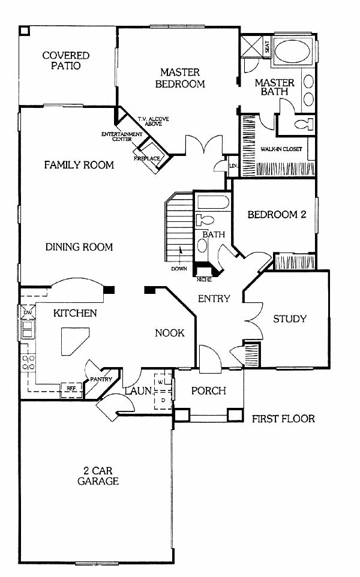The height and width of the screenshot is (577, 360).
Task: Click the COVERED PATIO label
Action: pyautogui.click(x=66, y=61)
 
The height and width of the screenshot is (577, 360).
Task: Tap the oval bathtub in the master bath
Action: pyautogui.click(x=293, y=51)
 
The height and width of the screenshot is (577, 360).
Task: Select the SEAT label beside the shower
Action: pyautogui.click(x=267, y=46)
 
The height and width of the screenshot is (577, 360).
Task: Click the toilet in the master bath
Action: pyautogui.click(x=304, y=124)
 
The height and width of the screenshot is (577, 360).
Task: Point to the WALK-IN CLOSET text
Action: pyautogui.click(x=281, y=149)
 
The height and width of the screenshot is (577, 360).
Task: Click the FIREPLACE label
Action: pyautogui.click(x=146, y=158)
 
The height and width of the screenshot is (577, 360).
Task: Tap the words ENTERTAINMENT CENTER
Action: pyautogui.click(x=122, y=137)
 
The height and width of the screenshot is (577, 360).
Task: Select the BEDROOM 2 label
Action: pyautogui.click(x=277, y=215)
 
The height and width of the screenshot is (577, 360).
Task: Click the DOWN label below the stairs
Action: pyautogui.click(x=179, y=269)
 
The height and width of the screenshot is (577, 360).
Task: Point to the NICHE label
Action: pyautogui.click(x=204, y=280)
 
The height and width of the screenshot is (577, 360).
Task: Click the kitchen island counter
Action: pyautogui.click(x=75, y=341)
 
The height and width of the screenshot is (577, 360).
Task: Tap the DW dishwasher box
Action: pyautogui.click(x=28, y=312)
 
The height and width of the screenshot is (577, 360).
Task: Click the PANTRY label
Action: pyautogui.click(x=101, y=380)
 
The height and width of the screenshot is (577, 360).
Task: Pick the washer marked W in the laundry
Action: pyautogui.click(x=160, y=382)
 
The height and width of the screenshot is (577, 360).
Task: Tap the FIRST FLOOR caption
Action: pyautogui.click(x=283, y=419)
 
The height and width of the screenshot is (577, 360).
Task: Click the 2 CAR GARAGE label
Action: pyautogui.click(x=98, y=476)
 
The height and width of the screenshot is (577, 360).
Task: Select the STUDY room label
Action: pyautogui.click(x=290, y=318)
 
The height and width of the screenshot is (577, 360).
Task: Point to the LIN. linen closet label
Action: pyautogui.click(x=233, y=166)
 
